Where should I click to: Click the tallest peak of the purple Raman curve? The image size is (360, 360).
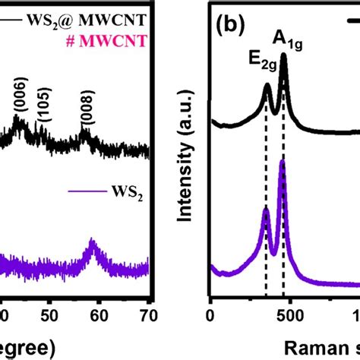click(283, 160)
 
